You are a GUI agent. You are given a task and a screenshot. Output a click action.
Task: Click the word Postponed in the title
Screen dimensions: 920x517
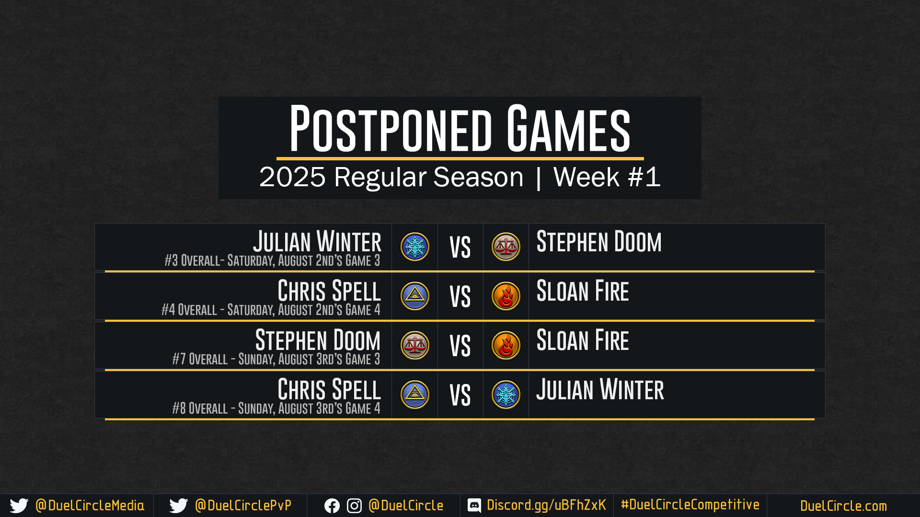pyautogui.click(x=391, y=128)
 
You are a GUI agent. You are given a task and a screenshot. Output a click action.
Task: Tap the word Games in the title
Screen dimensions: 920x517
pyautogui.click(x=568, y=128)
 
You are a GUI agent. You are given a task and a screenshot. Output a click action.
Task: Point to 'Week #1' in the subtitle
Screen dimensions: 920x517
pyautogui.click(x=607, y=177)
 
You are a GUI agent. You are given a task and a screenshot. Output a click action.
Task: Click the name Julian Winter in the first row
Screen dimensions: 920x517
pyautogui.click(x=317, y=241)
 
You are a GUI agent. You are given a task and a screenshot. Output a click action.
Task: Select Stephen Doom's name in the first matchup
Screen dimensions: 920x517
pyautogui.click(x=599, y=241)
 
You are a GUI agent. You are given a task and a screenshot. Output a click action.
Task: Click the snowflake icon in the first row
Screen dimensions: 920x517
pyautogui.click(x=415, y=247)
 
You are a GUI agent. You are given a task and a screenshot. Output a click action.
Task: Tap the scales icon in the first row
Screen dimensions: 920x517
pyautogui.click(x=506, y=247)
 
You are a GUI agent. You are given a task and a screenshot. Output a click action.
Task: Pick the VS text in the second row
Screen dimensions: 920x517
pyautogui.click(x=460, y=297)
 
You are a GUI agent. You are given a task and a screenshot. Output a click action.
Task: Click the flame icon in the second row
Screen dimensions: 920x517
pyautogui.click(x=506, y=296)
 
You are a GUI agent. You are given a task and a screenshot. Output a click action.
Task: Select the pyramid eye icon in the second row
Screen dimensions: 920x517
pyautogui.click(x=415, y=296)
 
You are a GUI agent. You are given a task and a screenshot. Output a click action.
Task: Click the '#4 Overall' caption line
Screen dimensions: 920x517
pyautogui.click(x=271, y=310)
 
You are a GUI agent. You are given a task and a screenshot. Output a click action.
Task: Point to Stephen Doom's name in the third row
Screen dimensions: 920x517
pyautogui.click(x=318, y=340)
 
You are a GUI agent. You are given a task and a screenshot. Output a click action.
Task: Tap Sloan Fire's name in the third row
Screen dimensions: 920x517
pyautogui.click(x=583, y=340)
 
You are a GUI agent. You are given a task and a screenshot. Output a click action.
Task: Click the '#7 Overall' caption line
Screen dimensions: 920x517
pyautogui.click(x=276, y=359)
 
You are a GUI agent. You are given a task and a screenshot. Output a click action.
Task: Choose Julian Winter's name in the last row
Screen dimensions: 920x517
pyautogui.click(x=600, y=389)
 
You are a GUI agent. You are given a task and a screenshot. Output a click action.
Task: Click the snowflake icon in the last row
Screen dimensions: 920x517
pyautogui.click(x=506, y=395)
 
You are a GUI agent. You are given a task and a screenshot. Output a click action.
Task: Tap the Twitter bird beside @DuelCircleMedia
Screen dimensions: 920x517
pyautogui.click(x=19, y=506)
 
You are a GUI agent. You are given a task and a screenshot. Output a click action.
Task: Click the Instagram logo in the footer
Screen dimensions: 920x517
pyautogui.click(x=354, y=506)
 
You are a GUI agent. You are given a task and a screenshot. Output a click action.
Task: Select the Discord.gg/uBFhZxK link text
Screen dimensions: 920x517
pyautogui.click(x=546, y=505)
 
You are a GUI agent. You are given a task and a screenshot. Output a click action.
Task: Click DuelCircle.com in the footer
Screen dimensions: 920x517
pyautogui.click(x=843, y=506)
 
